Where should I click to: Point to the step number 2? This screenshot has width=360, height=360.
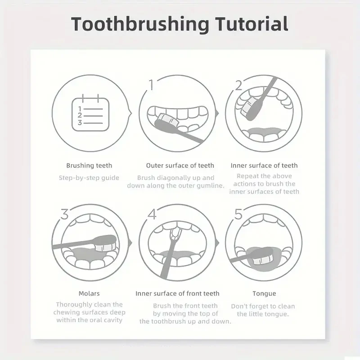(238, 85)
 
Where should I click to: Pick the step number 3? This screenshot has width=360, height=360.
(64, 214)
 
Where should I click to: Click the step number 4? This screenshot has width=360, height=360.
(151, 214)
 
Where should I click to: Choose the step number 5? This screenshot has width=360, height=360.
(238, 214)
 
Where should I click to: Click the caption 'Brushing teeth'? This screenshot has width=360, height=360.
(89, 166)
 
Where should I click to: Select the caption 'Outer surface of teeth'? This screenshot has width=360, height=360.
(180, 166)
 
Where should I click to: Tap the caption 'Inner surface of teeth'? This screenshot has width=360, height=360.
(264, 166)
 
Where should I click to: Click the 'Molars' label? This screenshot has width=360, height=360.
(89, 293)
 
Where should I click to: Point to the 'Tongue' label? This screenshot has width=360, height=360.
(264, 293)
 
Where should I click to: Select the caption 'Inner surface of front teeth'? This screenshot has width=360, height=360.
(177, 293)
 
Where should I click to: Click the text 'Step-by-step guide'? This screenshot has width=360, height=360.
(89, 178)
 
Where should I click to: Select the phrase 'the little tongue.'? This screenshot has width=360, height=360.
(263, 314)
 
